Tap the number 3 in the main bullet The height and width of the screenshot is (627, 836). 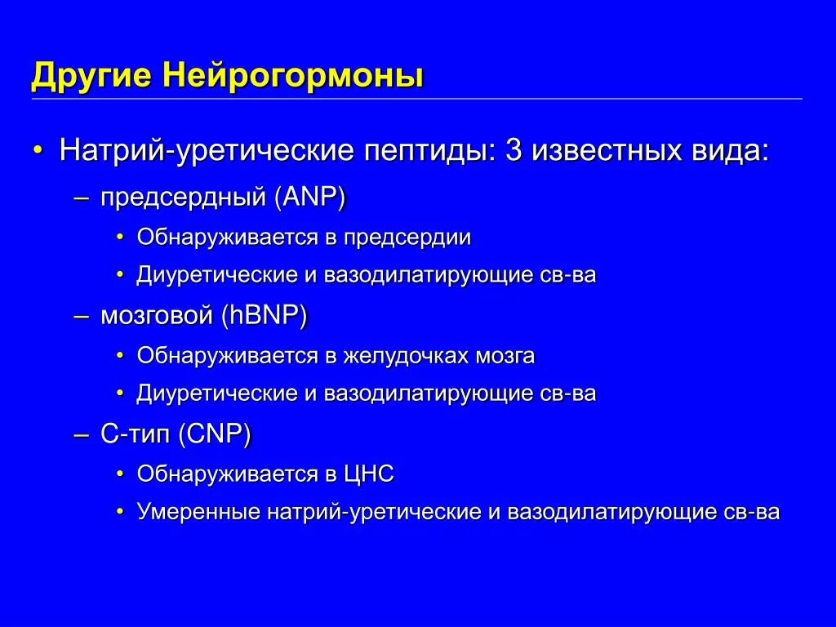(514, 151)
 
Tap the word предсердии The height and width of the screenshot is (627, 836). (407, 238)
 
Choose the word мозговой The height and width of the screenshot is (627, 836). (155, 317)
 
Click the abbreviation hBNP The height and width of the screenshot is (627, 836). (263, 317)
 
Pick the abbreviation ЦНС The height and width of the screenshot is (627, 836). (368, 474)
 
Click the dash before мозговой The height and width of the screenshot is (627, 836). (82, 317)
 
